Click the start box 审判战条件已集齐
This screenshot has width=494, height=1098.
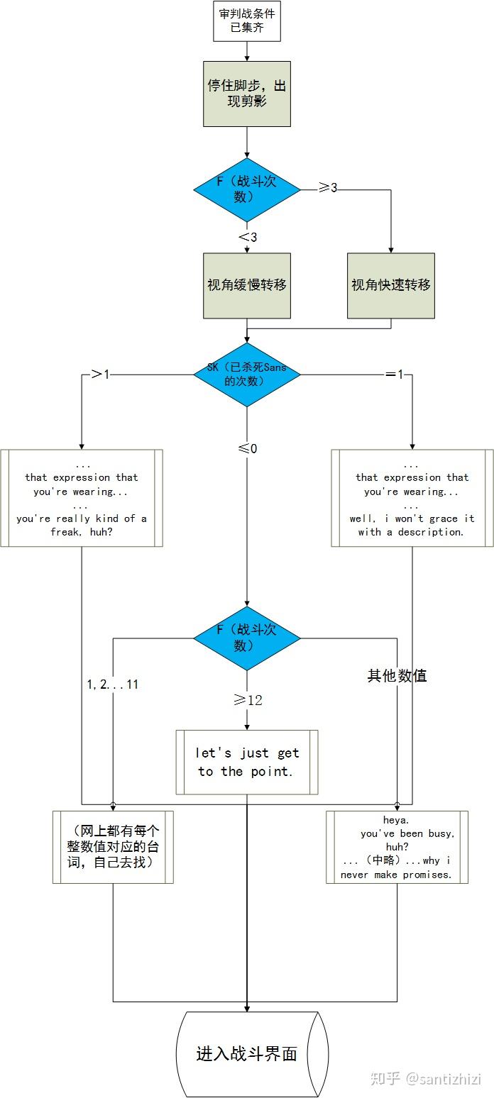pos(247,21)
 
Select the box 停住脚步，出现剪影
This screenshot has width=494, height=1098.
pos(247,94)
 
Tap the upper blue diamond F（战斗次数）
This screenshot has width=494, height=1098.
pos(247,189)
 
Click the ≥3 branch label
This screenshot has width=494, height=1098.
pos(327,188)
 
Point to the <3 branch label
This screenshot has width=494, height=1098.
pos(248,237)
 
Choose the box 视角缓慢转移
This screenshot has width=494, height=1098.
pos(247,285)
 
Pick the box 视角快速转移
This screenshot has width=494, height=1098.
pos(391,285)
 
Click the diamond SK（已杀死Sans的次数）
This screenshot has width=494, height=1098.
pos(247,375)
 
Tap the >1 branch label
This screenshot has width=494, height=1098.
pos(100,374)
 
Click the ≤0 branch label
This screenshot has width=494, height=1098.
pos(248,448)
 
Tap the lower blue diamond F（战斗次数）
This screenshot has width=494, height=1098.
pos(247,638)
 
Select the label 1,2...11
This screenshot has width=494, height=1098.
pos(112,684)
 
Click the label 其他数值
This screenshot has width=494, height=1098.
pos(397,676)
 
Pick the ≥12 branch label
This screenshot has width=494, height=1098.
pos(248,700)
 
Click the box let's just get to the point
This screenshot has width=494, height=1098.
pos(247,762)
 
